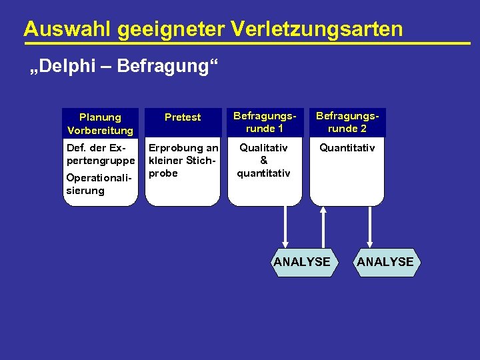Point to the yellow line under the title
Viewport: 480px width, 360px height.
247,43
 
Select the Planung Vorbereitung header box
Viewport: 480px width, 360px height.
100,123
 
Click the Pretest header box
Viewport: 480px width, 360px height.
183,117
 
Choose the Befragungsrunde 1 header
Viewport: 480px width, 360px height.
265,123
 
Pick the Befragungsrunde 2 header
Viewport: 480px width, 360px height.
347,123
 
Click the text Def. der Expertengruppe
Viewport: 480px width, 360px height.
100,154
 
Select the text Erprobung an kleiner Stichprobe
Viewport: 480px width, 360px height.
183,161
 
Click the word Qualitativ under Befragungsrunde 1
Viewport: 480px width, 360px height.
264,148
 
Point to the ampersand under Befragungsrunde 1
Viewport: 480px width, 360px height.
264,161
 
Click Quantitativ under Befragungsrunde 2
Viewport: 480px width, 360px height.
347,148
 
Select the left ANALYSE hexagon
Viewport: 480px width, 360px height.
302,262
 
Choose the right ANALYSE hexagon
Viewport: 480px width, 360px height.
385,262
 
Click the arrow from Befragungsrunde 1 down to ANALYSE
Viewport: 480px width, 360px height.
285,227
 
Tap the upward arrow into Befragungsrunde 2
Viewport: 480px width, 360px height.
323,227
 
